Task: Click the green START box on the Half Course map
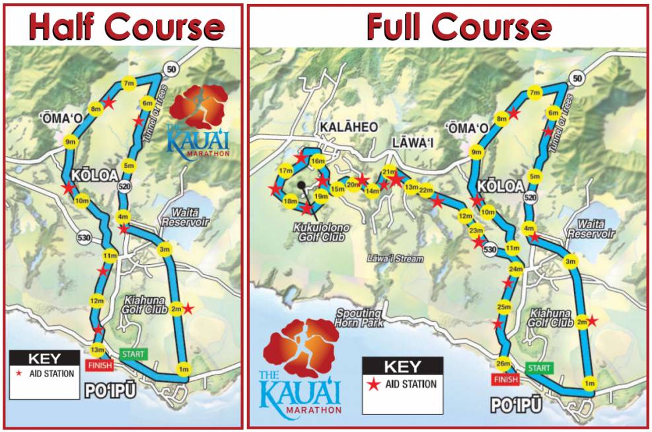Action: point(133,354)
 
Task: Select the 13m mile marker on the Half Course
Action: point(98,350)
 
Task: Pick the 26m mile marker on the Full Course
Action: point(503,363)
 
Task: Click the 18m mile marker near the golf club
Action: point(289,201)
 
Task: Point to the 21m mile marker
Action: point(389,173)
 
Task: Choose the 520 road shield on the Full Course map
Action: point(529,198)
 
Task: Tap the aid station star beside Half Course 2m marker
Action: point(188,308)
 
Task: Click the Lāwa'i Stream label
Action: point(395,259)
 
